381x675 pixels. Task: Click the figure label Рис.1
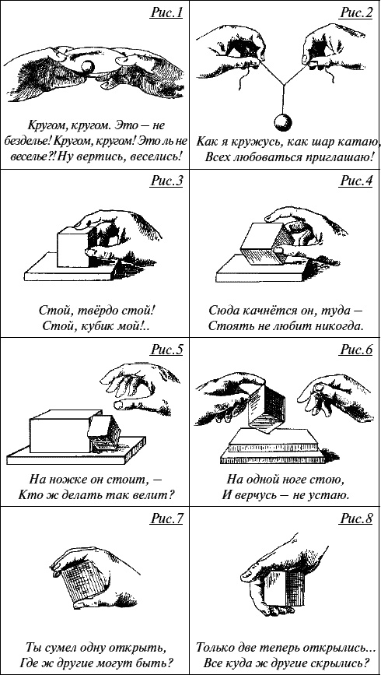pos(166,13)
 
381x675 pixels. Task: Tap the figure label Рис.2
pos(356,13)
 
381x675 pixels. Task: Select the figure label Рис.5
pos(166,350)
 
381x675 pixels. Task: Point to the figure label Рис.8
pos(356,519)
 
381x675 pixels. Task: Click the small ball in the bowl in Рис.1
pos(88,66)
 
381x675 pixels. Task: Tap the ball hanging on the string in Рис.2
pos(283,122)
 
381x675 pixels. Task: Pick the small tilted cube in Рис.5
pos(104,434)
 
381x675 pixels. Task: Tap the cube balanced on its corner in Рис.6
pos(266,408)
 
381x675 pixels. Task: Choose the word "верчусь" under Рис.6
pos(259,494)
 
